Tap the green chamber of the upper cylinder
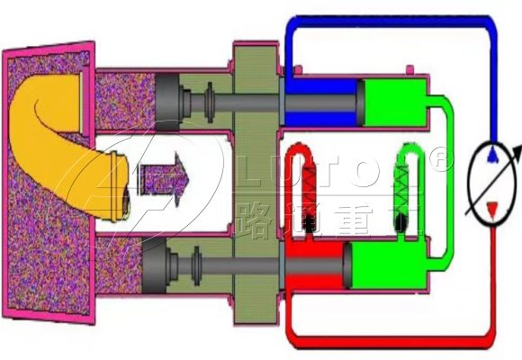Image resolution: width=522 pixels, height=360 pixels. (x=391, y=100)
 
